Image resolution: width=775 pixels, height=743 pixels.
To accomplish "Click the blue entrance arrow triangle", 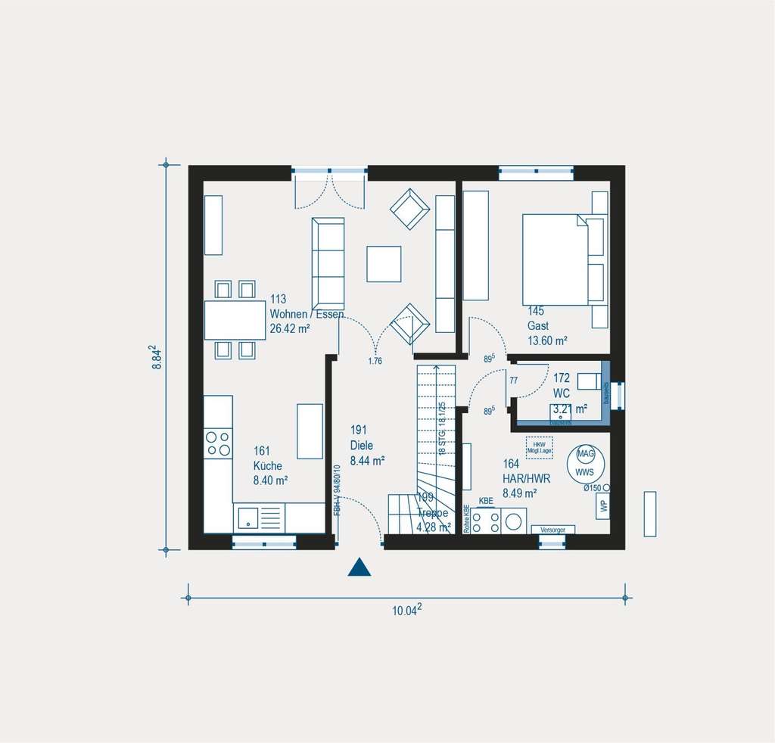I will [359, 567].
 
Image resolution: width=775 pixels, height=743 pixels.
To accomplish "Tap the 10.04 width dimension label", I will [406, 612].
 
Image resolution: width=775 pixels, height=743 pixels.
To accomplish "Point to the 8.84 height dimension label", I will [157, 357].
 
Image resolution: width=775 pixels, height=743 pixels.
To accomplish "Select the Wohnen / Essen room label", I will [307, 314].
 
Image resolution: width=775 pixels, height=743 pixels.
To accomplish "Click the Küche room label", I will [267, 466].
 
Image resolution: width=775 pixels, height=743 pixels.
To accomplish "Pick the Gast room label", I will [538, 326].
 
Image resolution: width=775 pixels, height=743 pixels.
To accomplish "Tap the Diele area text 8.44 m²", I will [368, 459].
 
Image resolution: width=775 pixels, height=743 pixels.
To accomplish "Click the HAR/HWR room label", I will [526, 479].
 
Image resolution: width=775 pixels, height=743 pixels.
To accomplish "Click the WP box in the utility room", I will [603, 506].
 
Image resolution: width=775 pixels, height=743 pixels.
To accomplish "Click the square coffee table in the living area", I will [384, 263].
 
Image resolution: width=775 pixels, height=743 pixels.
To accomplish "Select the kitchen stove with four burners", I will [218, 443].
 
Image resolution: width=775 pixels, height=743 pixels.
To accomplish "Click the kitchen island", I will [310, 431].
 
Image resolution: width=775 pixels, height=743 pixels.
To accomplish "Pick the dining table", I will [235, 320].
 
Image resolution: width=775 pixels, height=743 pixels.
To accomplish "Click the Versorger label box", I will [552, 529].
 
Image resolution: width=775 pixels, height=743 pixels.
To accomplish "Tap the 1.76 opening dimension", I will [375, 361].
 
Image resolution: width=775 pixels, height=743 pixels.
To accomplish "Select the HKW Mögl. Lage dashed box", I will [539, 446].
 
